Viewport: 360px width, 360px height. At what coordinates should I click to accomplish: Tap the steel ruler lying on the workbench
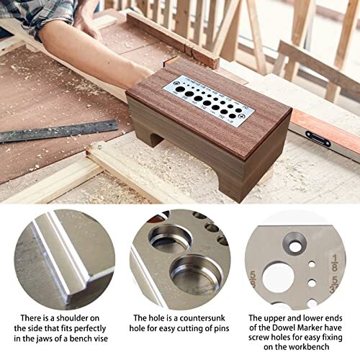coord(58,132)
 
